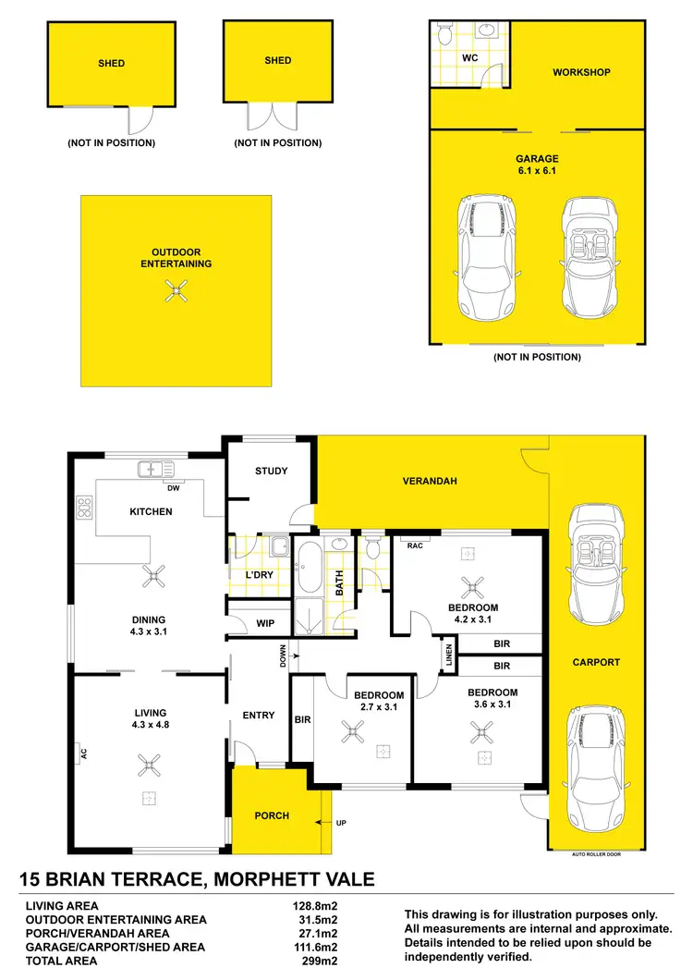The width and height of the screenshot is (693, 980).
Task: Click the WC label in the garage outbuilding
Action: point(469,56)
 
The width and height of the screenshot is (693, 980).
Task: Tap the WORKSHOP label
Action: point(581,72)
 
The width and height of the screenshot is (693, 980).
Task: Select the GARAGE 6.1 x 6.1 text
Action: point(537,165)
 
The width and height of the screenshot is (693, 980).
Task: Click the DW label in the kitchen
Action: point(171,487)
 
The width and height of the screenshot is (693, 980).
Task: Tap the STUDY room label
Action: point(272,471)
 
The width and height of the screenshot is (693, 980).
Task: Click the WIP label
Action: point(266,623)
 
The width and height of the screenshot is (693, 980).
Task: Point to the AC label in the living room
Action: point(82,753)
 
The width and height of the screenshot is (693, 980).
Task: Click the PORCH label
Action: point(272,815)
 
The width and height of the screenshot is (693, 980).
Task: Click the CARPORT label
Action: point(596,662)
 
